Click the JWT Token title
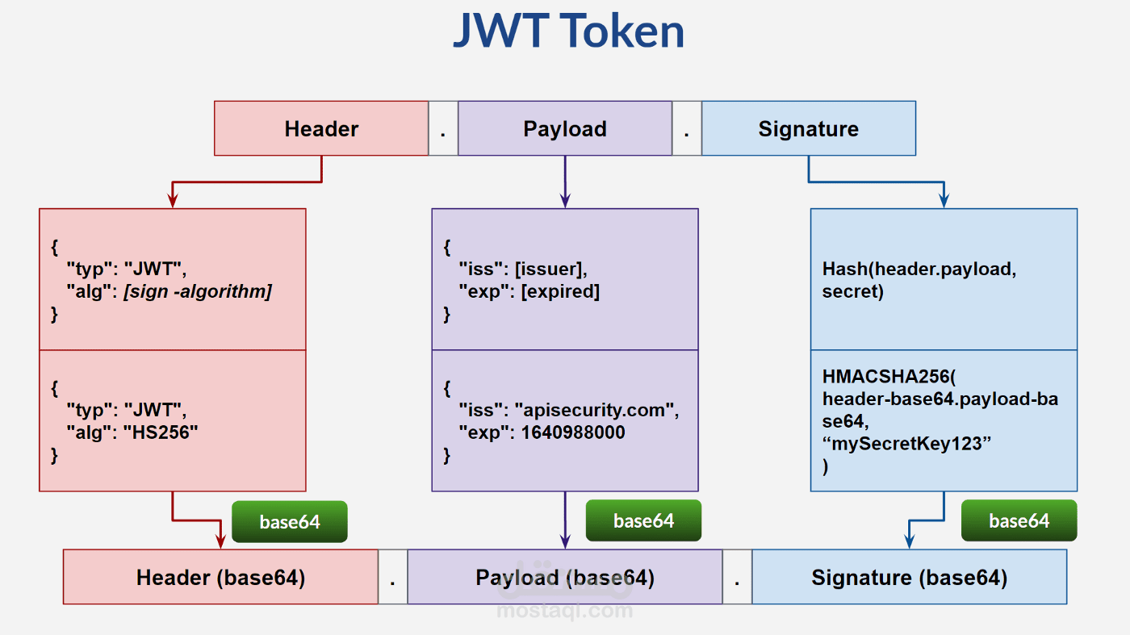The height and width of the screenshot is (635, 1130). (568, 32)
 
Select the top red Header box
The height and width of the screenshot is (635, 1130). (321, 128)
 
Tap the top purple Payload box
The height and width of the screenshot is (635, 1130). (564, 128)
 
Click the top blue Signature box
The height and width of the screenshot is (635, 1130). (808, 128)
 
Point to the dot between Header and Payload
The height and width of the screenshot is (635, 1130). (443, 129)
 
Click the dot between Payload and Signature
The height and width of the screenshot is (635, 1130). (687, 129)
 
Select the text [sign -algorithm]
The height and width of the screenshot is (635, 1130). (198, 291)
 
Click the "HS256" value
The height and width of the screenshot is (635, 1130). (161, 432)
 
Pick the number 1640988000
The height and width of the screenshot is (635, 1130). (573, 432)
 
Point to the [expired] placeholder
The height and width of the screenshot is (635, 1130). (560, 291)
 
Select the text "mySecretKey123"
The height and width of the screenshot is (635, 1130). (906, 444)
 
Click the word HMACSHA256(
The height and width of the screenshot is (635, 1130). (889, 376)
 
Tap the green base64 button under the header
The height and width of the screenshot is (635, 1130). (290, 522)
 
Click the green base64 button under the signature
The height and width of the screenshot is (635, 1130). (1019, 521)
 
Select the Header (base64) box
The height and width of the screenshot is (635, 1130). (220, 578)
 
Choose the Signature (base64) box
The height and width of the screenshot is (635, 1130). (909, 578)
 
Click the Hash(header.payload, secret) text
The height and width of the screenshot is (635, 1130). (919, 280)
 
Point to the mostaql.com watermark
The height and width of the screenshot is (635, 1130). (564, 611)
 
